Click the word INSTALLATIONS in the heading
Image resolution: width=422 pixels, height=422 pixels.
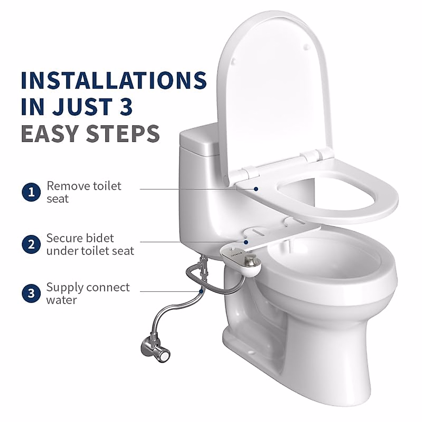tap(114, 80)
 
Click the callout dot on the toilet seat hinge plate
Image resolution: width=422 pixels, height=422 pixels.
tap(256, 189)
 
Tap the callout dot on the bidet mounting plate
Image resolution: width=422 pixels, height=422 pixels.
tap(247, 242)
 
